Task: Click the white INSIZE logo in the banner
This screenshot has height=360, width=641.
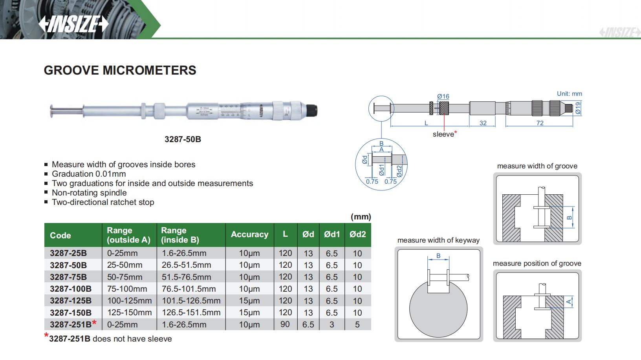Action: pyautogui.click(x=73, y=24)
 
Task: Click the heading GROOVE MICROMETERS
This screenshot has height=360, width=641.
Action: pyautogui.click(x=120, y=70)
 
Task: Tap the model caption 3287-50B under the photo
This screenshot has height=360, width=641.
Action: pyautogui.click(x=183, y=139)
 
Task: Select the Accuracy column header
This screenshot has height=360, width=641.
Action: pyautogui.click(x=249, y=234)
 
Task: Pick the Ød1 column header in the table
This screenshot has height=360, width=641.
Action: pyautogui.click(x=331, y=234)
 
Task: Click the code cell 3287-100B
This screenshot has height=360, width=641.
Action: pyautogui.click(x=71, y=289)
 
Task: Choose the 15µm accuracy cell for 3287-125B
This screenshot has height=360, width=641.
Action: pyautogui.click(x=249, y=301)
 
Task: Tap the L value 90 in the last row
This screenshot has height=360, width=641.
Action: pyautogui.click(x=285, y=324)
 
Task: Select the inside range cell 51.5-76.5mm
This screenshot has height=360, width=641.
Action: pyautogui.click(x=186, y=277)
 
